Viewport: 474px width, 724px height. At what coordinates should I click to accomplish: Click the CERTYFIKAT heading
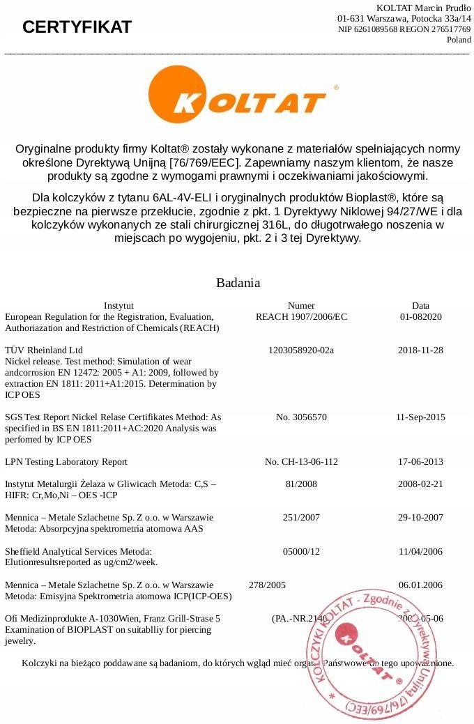tap(77, 27)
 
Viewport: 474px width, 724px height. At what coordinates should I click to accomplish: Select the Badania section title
tap(238, 283)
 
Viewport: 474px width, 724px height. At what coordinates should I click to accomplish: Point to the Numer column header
tap(301, 305)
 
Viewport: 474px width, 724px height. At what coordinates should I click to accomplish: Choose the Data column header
tap(420, 305)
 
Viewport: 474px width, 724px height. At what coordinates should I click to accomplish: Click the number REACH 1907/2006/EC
tap(301, 316)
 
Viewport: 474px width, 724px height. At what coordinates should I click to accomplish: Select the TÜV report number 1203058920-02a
tap(301, 350)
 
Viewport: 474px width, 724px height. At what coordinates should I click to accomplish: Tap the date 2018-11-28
tap(420, 350)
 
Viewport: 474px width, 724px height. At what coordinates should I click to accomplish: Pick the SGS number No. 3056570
tap(301, 417)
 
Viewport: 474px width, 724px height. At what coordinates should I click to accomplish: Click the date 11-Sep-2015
tap(420, 417)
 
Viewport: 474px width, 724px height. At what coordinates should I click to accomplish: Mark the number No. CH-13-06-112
tap(301, 462)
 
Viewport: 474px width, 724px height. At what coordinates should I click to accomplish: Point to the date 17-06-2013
tap(420, 462)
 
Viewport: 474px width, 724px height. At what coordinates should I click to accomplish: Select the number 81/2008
tap(301, 484)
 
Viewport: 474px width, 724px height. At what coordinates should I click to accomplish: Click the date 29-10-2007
tap(420, 518)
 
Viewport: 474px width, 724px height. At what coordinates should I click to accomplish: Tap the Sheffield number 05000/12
tap(301, 551)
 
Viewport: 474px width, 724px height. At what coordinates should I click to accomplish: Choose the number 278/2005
tap(267, 585)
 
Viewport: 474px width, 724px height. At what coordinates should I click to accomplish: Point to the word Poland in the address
tap(459, 40)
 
